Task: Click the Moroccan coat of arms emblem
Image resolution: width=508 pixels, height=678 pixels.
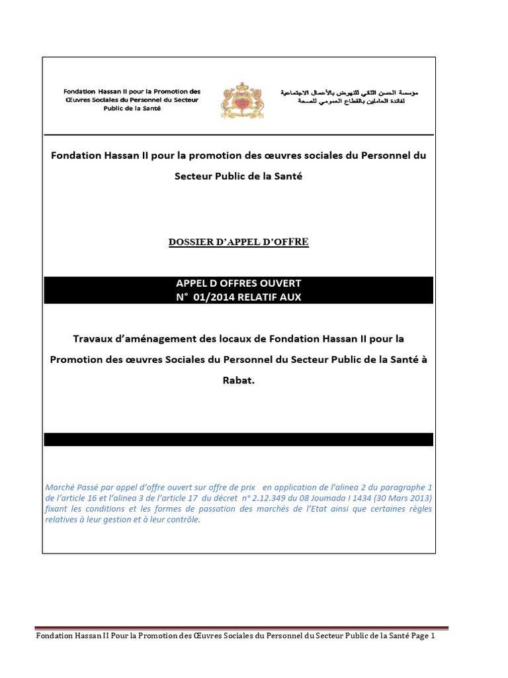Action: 241,101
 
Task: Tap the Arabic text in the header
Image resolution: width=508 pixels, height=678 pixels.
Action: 349,97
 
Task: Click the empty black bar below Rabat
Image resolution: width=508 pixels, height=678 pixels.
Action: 238,440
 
